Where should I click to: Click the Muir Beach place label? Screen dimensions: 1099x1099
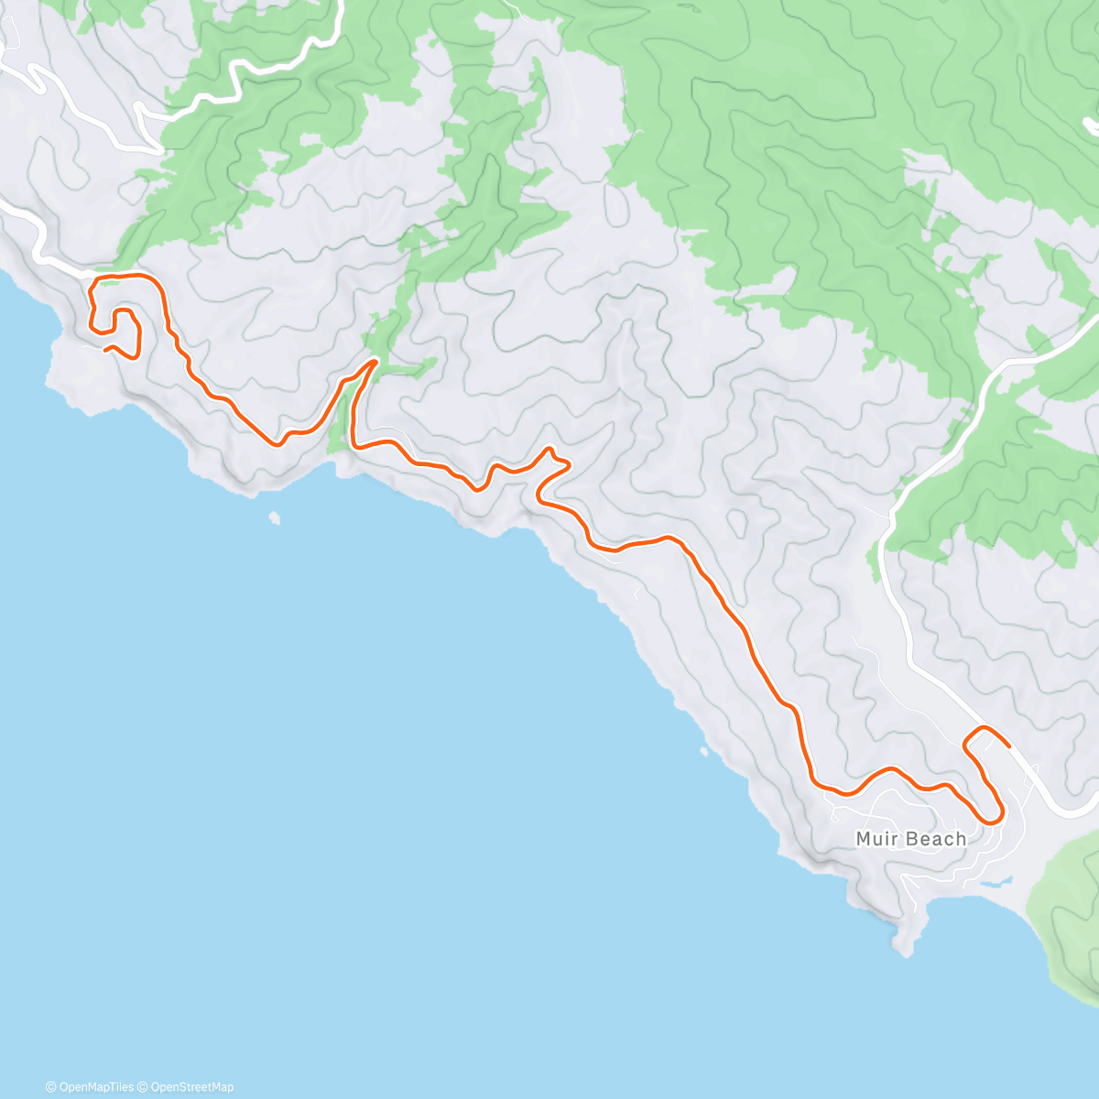point(910,839)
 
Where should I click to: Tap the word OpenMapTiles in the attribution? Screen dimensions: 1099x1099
point(96,1087)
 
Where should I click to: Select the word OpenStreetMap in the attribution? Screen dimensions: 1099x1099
point(192,1087)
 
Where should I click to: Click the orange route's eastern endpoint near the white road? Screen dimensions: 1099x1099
point(1008,747)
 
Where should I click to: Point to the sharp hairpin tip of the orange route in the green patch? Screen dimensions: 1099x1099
point(375,361)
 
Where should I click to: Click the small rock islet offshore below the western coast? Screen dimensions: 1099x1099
point(274,519)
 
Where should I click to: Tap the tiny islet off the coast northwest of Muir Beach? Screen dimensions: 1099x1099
point(703,752)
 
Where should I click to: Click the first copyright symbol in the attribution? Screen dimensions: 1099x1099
point(50,1087)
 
